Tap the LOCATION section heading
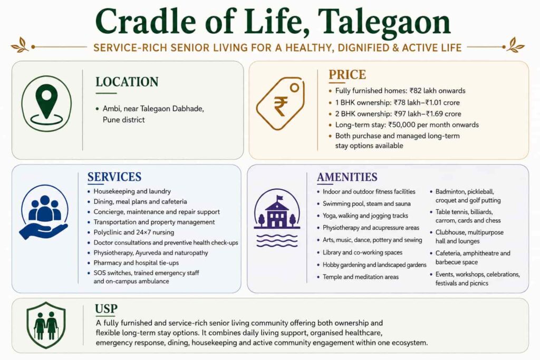pyautogui.click(x=127, y=82)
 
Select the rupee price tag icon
pyautogui.click(x=281, y=103)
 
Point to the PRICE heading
pyautogui.click(x=347, y=75)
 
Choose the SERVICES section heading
pyautogui.click(x=114, y=177)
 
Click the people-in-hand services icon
pyautogui.click(x=44, y=212)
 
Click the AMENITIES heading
pyautogui.click(x=347, y=177)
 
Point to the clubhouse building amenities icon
pyautogui.click(x=277, y=218)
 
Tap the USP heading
pyautogui.click(x=106, y=309)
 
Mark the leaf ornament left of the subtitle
pyautogui.click(x=20, y=45)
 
